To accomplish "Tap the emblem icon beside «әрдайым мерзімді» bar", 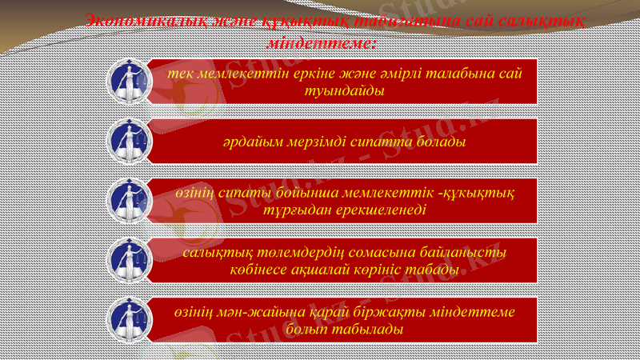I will (129, 141).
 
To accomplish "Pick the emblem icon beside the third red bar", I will (129, 200).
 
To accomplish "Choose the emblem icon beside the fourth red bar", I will (129, 259).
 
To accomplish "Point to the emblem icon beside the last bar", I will (129, 318).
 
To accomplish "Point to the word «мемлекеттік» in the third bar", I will (380, 194).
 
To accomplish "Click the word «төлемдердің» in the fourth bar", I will (302, 253).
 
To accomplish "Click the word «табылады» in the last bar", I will (358, 328).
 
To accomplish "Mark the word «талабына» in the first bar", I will (449, 74).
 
